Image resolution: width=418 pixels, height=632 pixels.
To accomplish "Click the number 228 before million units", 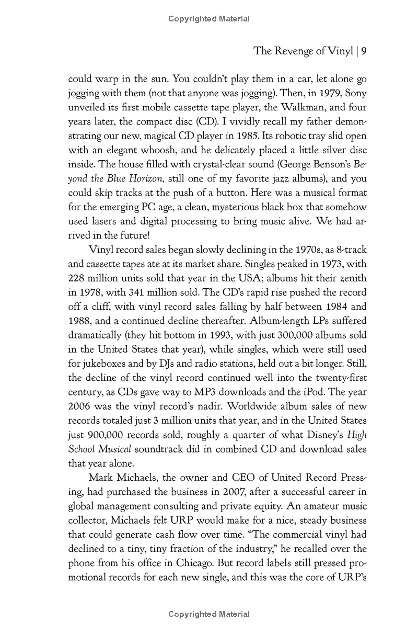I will [78, 278].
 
